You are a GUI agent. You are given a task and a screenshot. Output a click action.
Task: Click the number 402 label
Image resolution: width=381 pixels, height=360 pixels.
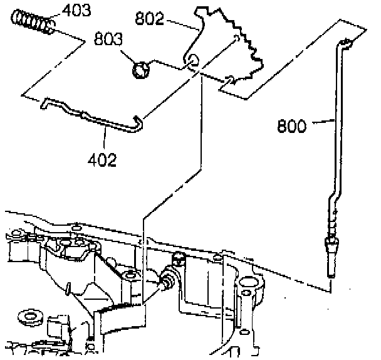pos(102,159)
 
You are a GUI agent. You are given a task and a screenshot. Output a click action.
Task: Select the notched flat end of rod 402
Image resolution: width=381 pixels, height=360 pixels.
pos(49,102)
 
